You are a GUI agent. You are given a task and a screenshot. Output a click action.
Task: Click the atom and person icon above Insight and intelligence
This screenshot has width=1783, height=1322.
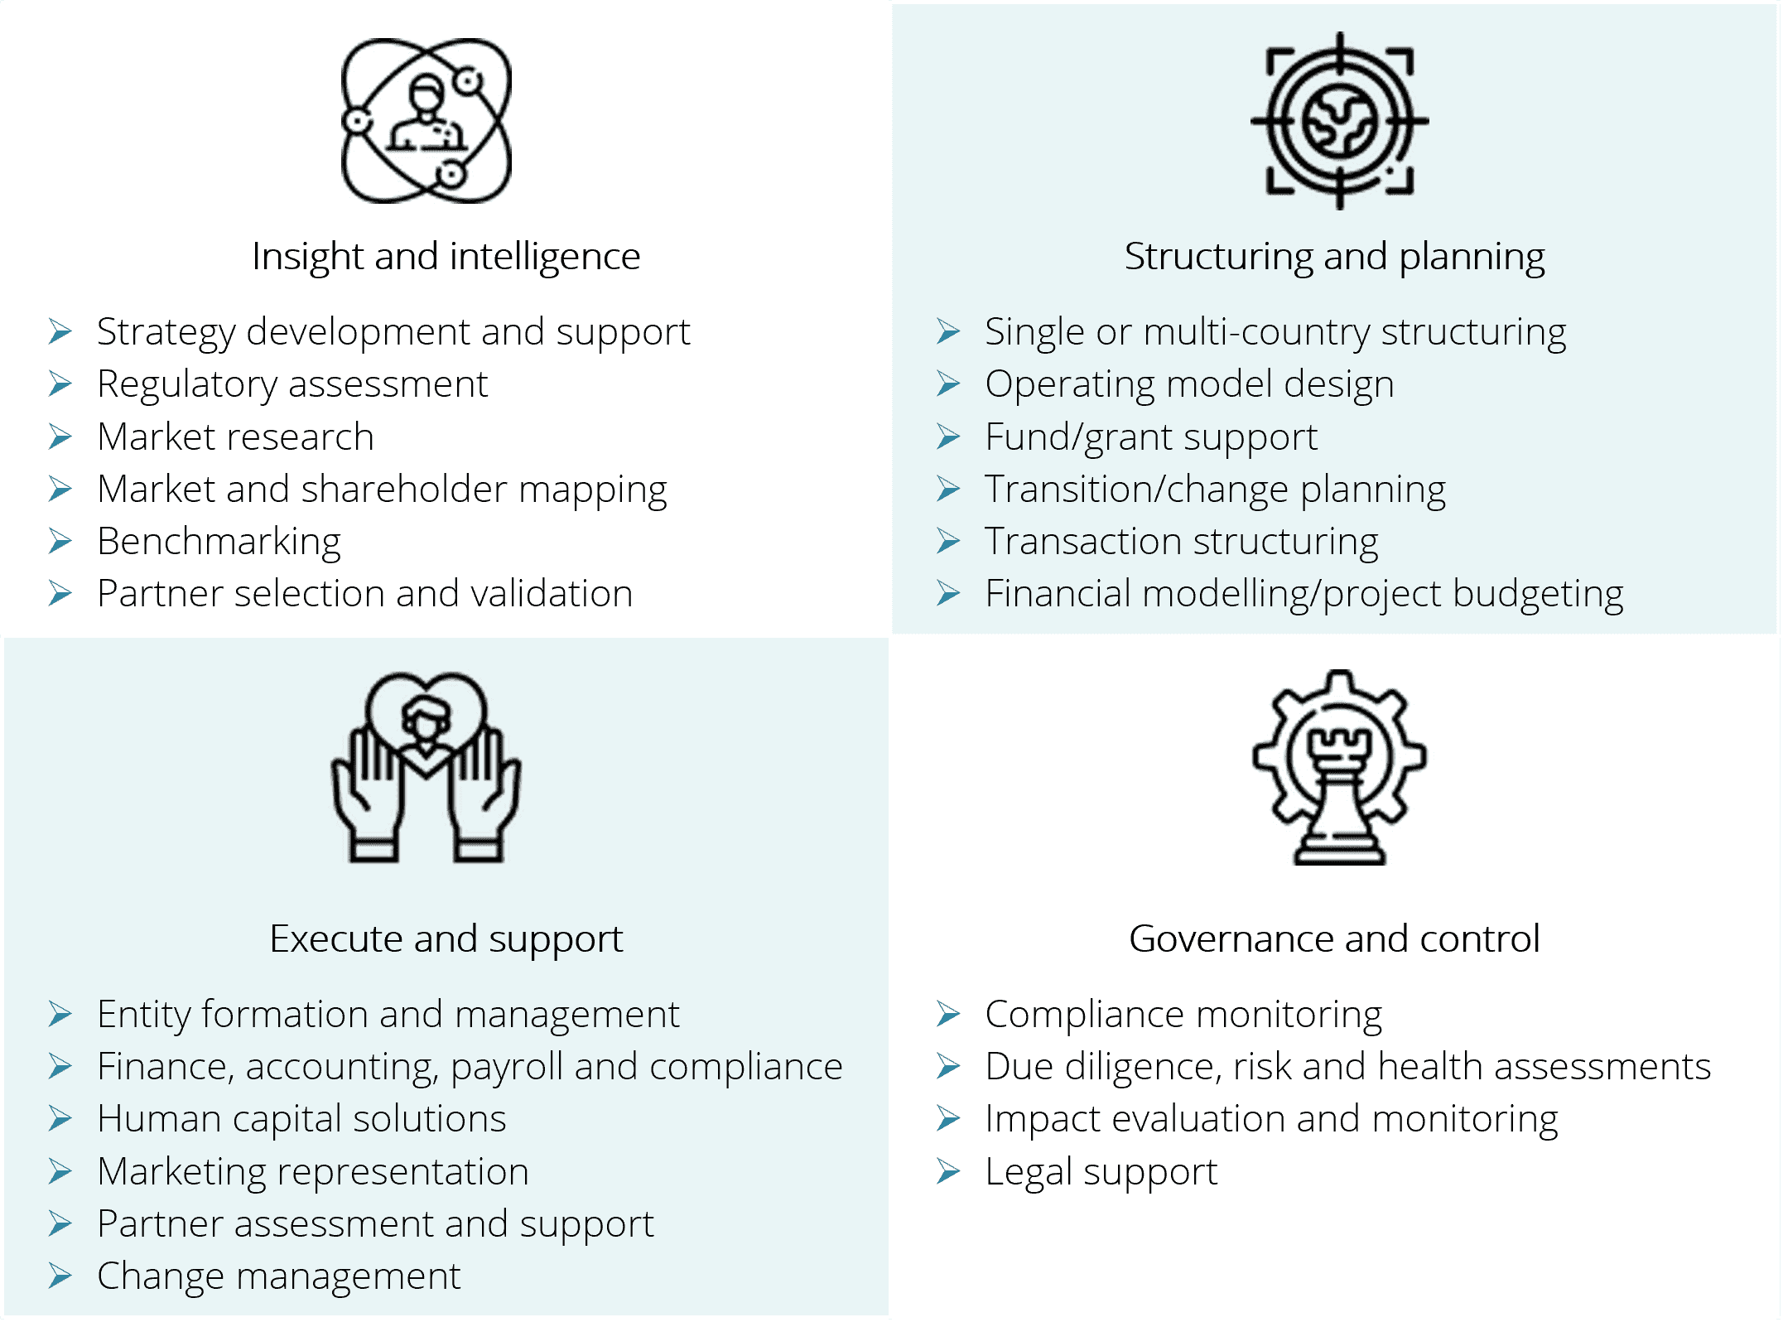426,121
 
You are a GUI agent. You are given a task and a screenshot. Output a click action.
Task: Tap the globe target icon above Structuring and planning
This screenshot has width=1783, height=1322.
1339,121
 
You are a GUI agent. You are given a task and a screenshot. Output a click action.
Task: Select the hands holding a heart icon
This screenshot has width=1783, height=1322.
426,767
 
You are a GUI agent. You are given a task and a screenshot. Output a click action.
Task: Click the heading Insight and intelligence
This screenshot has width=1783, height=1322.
446,257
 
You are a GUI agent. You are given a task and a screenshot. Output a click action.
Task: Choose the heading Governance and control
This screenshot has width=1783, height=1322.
1334,938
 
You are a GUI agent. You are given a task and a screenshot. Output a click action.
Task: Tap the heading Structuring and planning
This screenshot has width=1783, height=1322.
1334,257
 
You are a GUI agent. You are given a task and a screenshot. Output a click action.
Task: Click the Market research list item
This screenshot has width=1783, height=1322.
235,437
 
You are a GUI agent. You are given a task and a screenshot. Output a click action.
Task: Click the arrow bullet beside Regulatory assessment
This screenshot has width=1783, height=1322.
60,384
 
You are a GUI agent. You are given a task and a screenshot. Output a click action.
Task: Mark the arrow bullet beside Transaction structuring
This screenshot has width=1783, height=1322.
948,541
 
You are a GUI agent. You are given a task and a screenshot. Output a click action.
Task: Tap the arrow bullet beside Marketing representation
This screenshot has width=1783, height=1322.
60,1171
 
